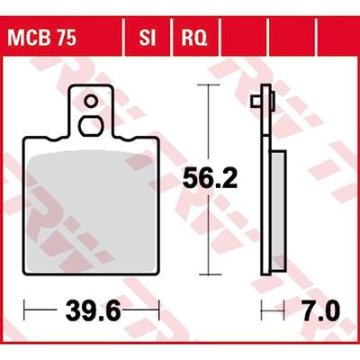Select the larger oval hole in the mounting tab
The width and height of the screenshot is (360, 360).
(x=92, y=125)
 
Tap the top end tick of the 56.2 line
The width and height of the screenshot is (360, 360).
(x=210, y=85)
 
